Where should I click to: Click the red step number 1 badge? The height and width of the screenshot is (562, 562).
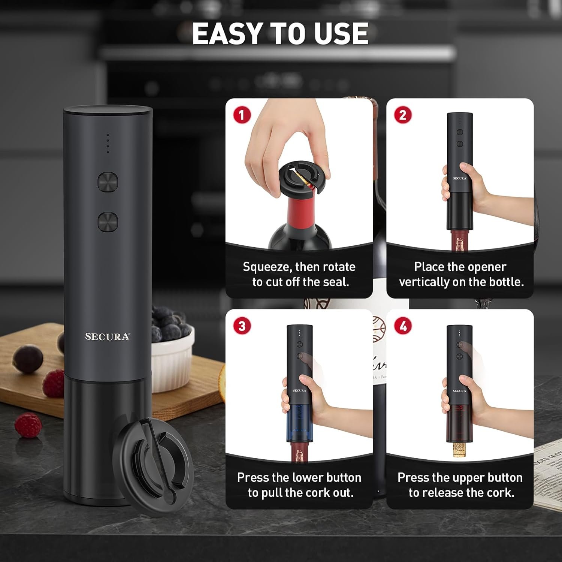(x=242, y=115)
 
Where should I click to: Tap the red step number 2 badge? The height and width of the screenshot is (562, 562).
(x=403, y=115)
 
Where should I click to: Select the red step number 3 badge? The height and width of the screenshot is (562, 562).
(x=242, y=326)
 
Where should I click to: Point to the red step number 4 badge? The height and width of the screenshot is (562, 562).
(x=403, y=326)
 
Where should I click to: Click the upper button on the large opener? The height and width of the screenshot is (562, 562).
(x=108, y=182)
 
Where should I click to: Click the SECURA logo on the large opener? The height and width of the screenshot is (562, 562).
(x=108, y=336)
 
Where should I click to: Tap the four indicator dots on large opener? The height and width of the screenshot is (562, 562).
(x=108, y=143)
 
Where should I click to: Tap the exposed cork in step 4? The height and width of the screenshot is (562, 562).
(x=459, y=450)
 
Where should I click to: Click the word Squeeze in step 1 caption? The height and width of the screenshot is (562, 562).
(x=266, y=267)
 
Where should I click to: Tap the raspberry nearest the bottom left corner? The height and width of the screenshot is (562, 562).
(x=28, y=425)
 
